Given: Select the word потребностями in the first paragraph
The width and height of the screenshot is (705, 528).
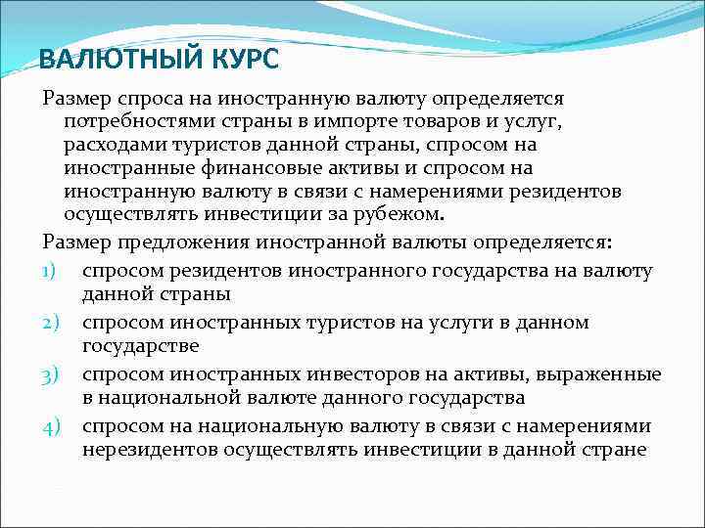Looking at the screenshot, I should click(x=132, y=121).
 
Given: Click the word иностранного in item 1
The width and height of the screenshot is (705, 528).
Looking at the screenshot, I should click(x=357, y=271).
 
